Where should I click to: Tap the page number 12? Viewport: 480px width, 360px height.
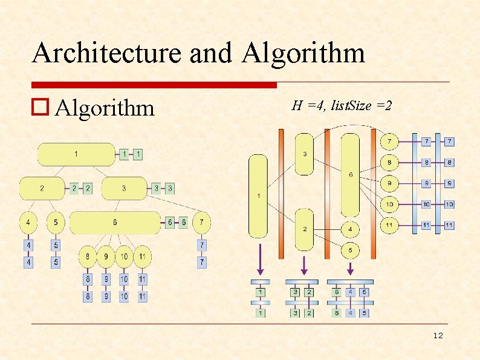pyautogui.click(x=438, y=336)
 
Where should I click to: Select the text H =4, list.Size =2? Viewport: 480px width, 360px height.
pyautogui.click(x=342, y=106)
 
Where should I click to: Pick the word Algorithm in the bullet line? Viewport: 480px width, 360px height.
pyautogui.click(x=105, y=108)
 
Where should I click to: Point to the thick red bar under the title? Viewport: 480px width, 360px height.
pyautogui.click(x=154, y=85)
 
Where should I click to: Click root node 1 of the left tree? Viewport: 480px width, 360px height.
pyautogui.click(x=76, y=154)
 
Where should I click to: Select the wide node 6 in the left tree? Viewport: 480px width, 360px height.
pyautogui.click(x=115, y=223)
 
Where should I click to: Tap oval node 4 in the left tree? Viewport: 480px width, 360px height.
pyautogui.click(x=28, y=223)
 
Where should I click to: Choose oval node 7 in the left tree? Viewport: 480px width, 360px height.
pyautogui.click(x=202, y=223)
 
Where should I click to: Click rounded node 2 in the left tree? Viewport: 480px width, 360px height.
pyautogui.click(x=42, y=188)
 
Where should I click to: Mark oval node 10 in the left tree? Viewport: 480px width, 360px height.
pyautogui.click(x=123, y=257)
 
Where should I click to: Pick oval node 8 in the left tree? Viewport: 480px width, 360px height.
pyautogui.click(x=88, y=257)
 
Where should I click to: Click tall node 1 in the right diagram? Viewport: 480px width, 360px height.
pyautogui.click(x=258, y=195)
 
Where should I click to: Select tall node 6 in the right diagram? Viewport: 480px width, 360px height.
pyautogui.click(x=350, y=175)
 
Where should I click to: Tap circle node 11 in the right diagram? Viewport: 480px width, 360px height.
pyautogui.click(x=389, y=225)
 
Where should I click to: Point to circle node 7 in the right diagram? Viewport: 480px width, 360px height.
pyautogui.click(x=389, y=142)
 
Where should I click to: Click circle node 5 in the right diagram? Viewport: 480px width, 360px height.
pyautogui.click(x=349, y=250)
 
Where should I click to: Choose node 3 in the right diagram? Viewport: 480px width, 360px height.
pyautogui.click(x=304, y=154)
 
